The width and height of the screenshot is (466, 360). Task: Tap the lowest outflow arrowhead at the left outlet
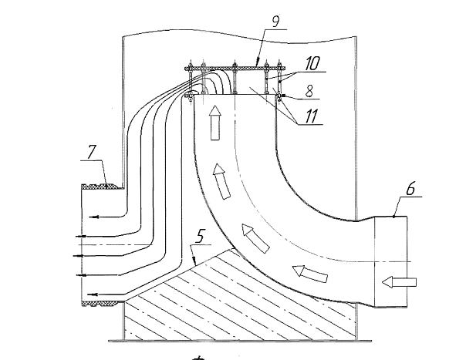92,294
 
